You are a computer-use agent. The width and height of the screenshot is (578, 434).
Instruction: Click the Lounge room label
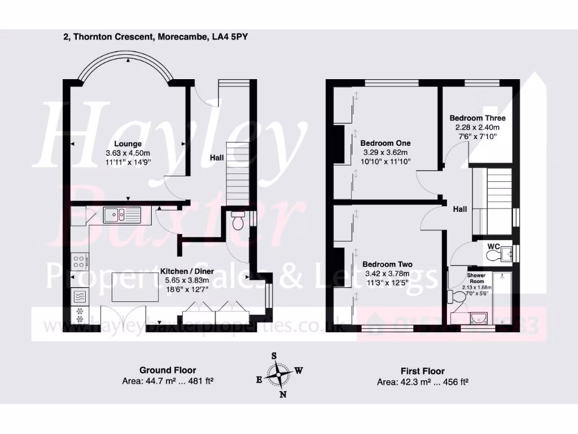[x=127, y=144]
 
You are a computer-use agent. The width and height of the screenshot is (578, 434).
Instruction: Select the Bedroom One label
[x=386, y=143]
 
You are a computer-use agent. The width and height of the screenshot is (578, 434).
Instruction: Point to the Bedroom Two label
[x=387, y=264]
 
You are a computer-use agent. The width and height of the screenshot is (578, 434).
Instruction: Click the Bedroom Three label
[x=477, y=118]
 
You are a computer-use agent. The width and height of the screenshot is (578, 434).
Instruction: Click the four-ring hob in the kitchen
[x=79, y=262]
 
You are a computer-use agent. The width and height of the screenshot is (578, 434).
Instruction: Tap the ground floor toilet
[x=238, y=221]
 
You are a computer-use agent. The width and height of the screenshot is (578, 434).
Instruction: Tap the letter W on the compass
[x=299, y=371]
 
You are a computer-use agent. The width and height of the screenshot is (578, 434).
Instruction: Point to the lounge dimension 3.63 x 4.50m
[x=128, y=153]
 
